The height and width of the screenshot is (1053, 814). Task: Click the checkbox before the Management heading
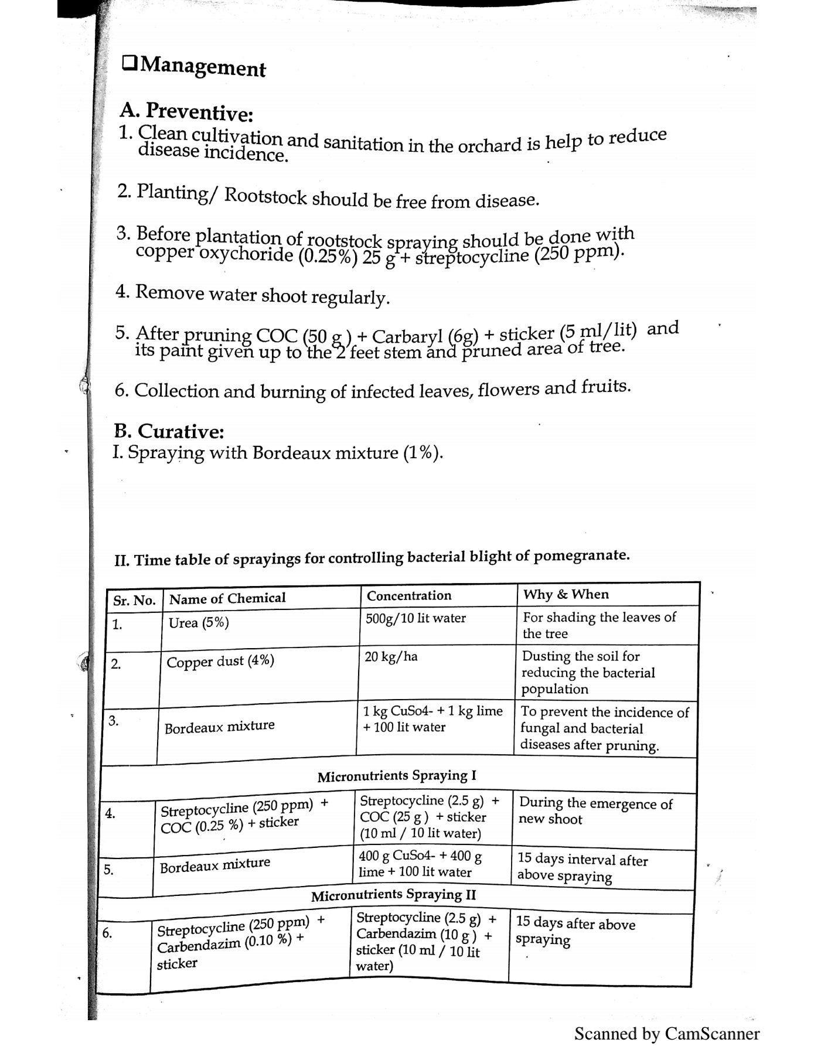pos(130,63)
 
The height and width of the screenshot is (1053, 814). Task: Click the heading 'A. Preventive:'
pos(186,111)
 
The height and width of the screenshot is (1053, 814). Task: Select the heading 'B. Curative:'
pos(169,431)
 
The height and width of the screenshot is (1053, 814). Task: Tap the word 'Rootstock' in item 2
pos(265,195)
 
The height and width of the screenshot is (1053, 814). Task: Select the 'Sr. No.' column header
pos(134,600)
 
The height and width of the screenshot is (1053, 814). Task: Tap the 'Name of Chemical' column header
pos(227,598)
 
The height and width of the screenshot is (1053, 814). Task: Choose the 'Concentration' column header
pos(409,595)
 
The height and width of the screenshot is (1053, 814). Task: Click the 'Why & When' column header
pos(566,594)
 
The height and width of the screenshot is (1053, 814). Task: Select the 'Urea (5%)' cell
pos(199,622)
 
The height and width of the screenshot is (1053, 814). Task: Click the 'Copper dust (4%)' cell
pos(220,662)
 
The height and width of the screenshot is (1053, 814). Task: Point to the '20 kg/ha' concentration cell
pos(391,656)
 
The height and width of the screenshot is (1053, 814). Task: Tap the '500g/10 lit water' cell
pos(415,618)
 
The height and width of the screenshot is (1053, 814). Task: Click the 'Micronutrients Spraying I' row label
pos(397,776)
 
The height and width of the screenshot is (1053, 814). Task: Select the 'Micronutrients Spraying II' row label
pos(393,895)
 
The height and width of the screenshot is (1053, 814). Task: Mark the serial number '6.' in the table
pos(107,933)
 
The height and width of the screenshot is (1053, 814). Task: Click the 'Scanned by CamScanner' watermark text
pos(666,1034)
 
